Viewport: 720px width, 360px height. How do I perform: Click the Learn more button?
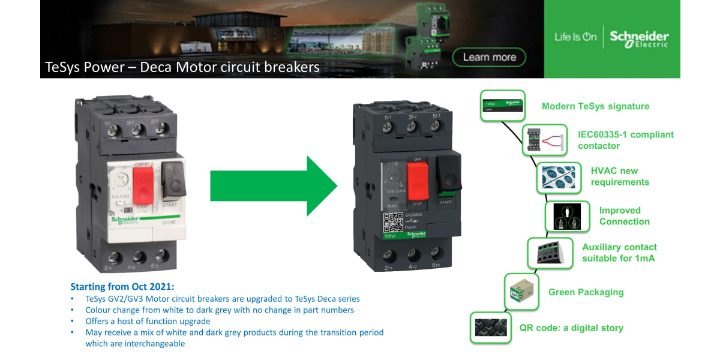[x=490, y=57]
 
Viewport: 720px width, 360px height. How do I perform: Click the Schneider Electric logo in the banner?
[x=639, y=38]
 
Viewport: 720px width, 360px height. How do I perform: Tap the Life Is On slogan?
[x=575, y=37]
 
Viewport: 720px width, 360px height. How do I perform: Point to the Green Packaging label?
[x=586, y=292]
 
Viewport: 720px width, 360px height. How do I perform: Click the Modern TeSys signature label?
[x=595, y=106]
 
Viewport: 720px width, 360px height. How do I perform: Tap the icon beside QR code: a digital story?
[x=491, y=328]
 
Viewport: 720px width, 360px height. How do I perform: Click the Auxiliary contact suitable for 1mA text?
[x=619, y=253]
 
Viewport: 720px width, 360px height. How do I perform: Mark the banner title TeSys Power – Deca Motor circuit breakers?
[x=182, y=67]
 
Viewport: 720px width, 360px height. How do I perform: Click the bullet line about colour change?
[x=220, y=310]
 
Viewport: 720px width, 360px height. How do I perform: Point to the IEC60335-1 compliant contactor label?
[x=625, y=140]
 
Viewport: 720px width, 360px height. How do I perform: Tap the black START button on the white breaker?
[x=173, y=180]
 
